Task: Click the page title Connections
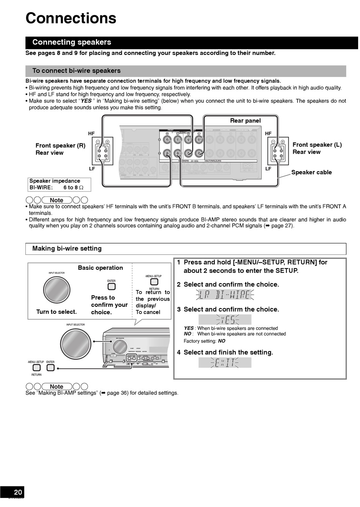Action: pyautogui.click(x=71, y=18)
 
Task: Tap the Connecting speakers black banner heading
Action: pyautogui.click(x=72, y=42)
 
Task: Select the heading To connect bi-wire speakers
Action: pyautogui.click(x=76, y=71)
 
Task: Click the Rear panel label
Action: pyautogui.click(x=245, y=121)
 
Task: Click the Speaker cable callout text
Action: pyautogui.click(x=311, y=172)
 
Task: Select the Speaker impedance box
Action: pyautogui.click(x=59, y=184)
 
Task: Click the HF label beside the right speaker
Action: pyautogui.click(x=268, y=133)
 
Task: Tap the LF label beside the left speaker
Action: pyautogui.click(x=91, y=169)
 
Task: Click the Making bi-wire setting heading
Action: pyautogui.click(x=67, y=248)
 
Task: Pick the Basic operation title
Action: pyautogui.click(x=100, y=268)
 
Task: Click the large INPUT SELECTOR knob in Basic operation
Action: pyautogui.click(x=57, y=290)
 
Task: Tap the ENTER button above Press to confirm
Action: pyautogui.click(x=111, y=287)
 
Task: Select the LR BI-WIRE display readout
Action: pyautogui.click(x=225, y=295)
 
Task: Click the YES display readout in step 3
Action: pyautogui.click(x=225, y=319)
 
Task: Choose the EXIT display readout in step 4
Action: pyautogui.click(x=225, y=363)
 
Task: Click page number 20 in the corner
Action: pyautogui.click(x=18, y=492)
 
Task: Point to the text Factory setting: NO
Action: pyautogui.click(x=204, y=341)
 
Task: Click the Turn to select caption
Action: pyautogui.click(x=56, y=312)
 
